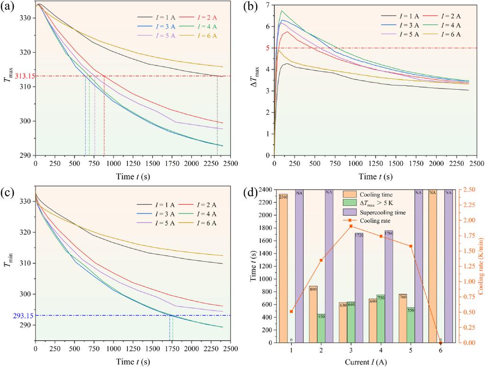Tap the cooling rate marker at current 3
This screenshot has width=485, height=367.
pyautogui.click(x=350, y=220)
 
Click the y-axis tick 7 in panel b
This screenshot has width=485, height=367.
pyautogui.click(x=268, y=5)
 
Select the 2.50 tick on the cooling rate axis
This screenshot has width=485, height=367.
pyautogui.click(x=462, y=190)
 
